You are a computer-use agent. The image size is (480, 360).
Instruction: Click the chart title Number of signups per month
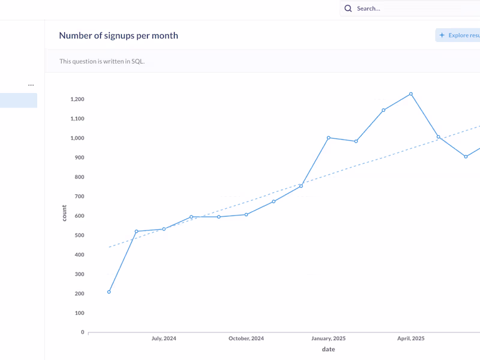coord(118,35)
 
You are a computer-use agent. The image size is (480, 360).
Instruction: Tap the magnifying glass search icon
coord(348,8)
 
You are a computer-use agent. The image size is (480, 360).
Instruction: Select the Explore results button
coord(458,35)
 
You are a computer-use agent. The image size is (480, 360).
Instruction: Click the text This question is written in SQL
coord(102,61)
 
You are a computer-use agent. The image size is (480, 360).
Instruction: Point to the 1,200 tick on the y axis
coord(76,99)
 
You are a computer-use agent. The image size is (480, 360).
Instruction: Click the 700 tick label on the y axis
coord(79,196)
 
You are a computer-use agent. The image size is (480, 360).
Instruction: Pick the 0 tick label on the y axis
coord(83,332)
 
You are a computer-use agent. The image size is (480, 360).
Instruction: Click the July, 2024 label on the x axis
coord(164,338)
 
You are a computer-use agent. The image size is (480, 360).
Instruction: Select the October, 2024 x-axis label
coord(246,338)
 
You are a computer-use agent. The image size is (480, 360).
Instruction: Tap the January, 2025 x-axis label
coord(328,338)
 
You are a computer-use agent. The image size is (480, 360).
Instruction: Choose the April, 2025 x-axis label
coord(410,338)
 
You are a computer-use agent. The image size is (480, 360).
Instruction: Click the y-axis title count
coord(64,213)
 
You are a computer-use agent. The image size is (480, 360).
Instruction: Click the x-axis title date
coord(328,349)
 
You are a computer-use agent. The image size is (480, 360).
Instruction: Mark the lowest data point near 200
coord(109,292)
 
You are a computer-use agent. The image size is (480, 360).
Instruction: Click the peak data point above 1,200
coord(411,94)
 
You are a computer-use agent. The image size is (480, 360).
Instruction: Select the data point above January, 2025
coord(329,137)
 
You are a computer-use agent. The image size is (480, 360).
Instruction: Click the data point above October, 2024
coord(246,214)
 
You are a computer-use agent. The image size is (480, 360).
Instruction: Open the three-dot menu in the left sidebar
coord(31,85)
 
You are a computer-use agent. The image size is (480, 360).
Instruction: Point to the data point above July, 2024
coord(164,229)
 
